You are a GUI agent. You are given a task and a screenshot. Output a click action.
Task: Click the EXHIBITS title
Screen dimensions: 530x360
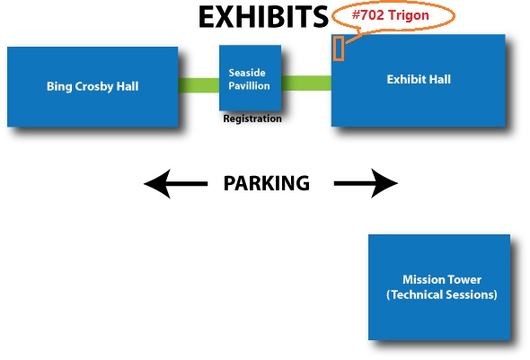(263, 17)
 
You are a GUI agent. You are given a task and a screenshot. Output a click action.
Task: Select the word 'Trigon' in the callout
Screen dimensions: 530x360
(409, 15)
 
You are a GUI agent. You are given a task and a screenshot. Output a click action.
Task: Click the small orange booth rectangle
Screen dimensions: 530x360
(339, 48)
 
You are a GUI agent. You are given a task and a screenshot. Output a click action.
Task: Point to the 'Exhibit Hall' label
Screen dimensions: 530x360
(419, 79)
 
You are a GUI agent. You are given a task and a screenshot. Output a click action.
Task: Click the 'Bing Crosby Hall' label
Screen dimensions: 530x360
(93, 86)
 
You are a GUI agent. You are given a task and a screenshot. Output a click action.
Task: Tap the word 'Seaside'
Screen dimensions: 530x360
(247, 73)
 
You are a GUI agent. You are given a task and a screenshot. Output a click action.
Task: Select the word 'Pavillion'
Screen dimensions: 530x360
(249, 86)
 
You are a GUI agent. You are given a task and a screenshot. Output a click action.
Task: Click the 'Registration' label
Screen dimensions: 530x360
(252, 119)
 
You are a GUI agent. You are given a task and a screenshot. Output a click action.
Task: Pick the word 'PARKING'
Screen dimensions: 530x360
(267, 183)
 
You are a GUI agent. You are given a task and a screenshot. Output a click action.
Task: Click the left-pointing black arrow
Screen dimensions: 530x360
(175, 184)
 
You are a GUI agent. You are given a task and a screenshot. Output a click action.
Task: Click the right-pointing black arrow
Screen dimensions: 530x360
(366, 183)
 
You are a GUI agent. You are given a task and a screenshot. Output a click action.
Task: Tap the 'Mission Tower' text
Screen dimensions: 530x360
(442, 279)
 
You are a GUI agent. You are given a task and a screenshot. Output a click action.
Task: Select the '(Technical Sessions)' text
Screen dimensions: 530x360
(442, 294)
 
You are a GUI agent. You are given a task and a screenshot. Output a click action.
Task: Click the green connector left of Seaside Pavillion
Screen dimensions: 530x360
(199, 85)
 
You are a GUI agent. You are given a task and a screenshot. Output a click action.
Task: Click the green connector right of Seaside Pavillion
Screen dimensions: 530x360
(306, 83)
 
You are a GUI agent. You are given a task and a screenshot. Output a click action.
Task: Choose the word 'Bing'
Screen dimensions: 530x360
(59, 87)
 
